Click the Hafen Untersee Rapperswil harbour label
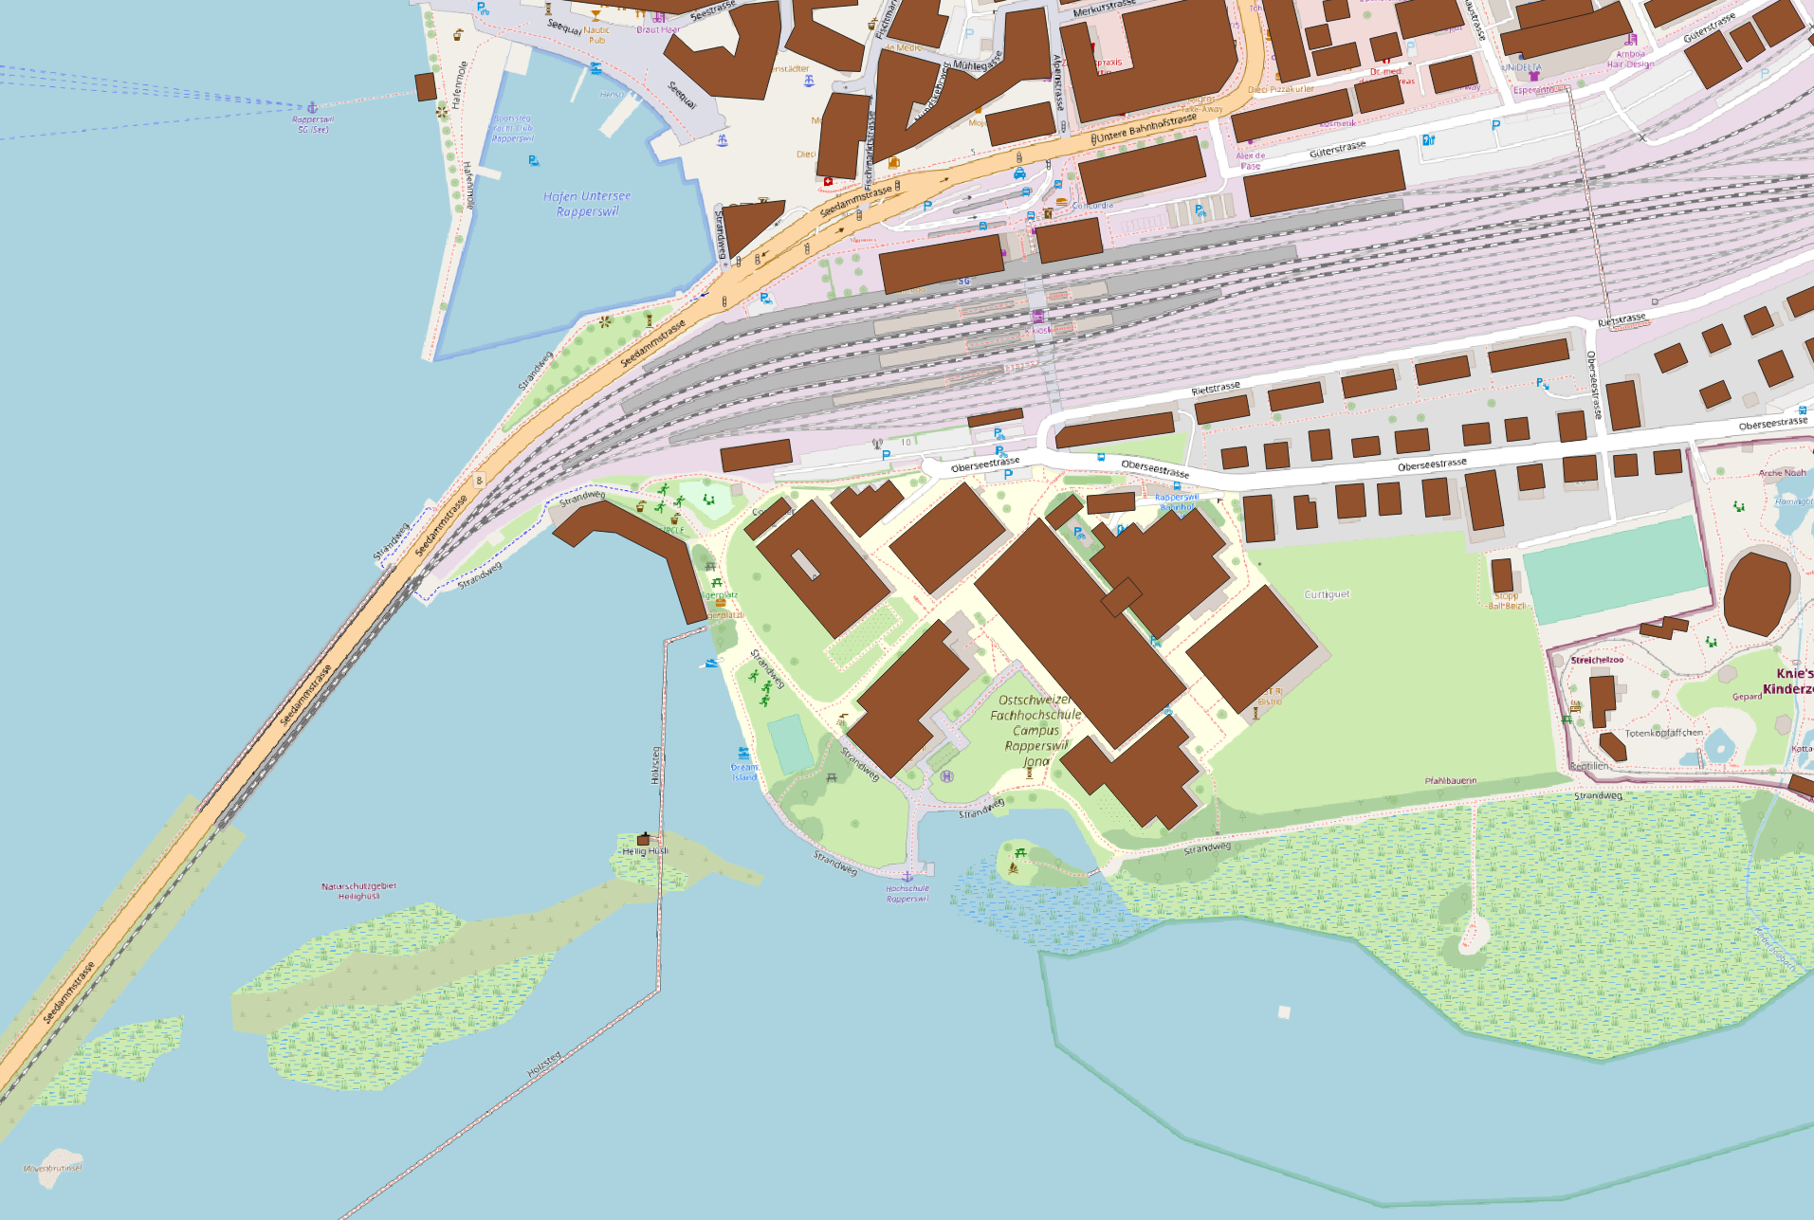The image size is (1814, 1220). click(x=587, y=204)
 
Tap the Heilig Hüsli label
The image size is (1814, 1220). click(x=645, y=851)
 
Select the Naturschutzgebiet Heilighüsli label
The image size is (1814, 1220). click(x=358, y=891)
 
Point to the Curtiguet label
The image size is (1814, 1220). click(x=1327, y=594)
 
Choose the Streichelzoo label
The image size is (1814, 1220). click(x=1597, y=660)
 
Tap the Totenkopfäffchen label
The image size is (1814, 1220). click(x=1664, y=733)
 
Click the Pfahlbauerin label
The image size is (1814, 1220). click(x=1450, y=781)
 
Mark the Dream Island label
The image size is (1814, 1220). click(x=744, y=772)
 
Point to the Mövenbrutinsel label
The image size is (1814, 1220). click(x=53, y=1168)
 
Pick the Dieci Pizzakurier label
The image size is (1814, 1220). click(x=1280, y=89)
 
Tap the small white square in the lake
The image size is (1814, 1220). click(x=1284, y=1012)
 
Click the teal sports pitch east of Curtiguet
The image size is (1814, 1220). click(x=1613, y=569)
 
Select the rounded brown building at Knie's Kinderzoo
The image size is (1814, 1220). click(x=1757, y=593)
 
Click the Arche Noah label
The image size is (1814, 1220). click(x=1782, y=473)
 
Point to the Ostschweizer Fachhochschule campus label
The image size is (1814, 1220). click(x=1035, y=730)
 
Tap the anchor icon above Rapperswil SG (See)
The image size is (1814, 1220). click(x=312, y=108)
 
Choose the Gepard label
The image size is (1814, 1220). click(x=1747, y=697)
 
